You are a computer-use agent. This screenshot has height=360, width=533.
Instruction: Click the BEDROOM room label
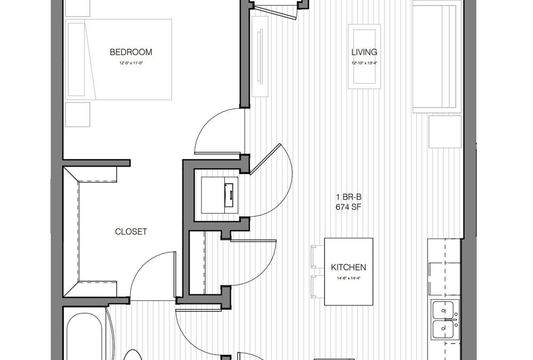point(131,52)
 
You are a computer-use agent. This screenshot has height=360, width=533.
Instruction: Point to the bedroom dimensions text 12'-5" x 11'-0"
point(131,63)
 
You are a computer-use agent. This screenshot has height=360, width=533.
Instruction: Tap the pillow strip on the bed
point(77,59)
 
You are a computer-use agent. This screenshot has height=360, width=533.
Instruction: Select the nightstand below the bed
point(78,114)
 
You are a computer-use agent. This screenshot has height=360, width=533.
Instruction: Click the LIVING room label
point(364,52)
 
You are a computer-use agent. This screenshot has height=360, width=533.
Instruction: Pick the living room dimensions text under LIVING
point(364,63)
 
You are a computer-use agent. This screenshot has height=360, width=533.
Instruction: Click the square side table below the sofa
point(445,132)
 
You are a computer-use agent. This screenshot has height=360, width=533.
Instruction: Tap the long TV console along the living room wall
point(260,55)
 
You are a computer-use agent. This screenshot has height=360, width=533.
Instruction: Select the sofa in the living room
point(436,56)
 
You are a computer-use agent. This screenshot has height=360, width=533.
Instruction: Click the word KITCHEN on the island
point(348,267)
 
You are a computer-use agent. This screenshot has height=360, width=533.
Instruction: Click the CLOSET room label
point(131,232)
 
